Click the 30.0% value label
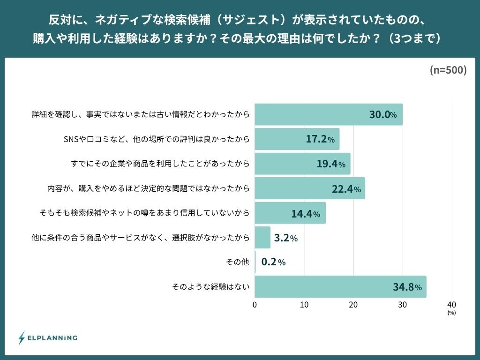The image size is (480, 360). tap(383, 115)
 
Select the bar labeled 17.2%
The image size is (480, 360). tap(297, 139)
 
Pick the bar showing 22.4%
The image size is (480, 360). tap(309, 188)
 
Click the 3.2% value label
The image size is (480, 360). tap(285, 238)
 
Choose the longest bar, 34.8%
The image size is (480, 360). tap(340, 286)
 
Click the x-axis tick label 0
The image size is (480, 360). tap(255, 305)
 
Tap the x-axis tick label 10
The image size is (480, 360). tap(304, 305)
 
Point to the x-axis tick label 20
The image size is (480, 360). tap(353, 305)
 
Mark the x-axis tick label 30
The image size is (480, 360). tap(403, 305)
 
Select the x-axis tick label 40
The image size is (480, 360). tap(452, 305)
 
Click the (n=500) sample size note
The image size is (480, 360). tap(448, 70)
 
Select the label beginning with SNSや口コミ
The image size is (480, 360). tap(156, 139)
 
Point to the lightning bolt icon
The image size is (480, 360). tap(22, 337)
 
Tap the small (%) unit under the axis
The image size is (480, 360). tap(451, 312)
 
